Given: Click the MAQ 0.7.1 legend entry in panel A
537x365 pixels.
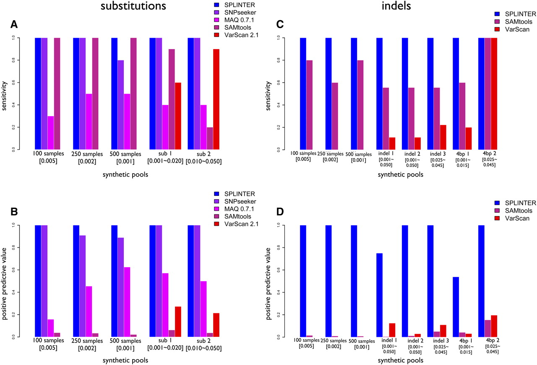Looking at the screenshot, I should [242, 21].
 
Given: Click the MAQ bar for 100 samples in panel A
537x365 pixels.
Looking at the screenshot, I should [51, 133].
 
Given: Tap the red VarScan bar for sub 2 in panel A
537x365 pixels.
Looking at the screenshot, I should [216, 99].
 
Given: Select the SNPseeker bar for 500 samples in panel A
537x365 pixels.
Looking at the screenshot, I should [121, 105].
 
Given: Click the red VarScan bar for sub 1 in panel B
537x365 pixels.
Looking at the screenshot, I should [178, 321].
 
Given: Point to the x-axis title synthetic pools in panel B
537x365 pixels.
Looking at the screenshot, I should [125, 360].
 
